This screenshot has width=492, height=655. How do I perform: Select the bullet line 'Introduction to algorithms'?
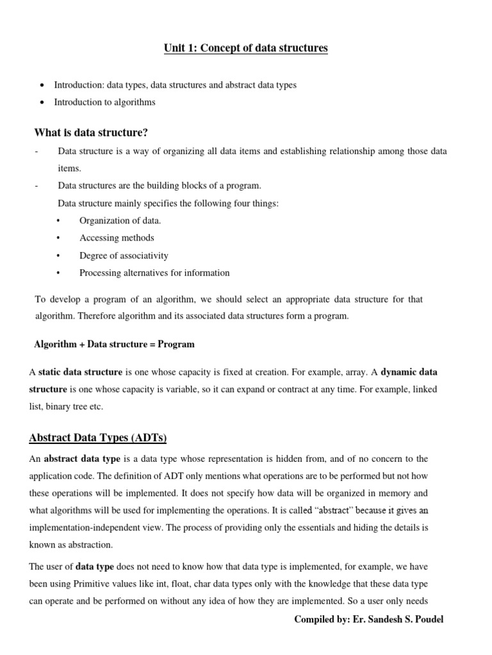[104, 102]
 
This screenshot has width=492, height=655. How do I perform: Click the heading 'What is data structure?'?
[91, 132]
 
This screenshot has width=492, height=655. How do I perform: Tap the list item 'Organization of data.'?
[120, 221]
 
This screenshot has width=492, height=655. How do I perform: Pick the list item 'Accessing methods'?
[117, 238]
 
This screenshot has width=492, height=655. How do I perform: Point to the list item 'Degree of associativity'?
[124, 255]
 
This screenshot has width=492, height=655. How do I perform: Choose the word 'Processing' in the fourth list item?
[100, 272]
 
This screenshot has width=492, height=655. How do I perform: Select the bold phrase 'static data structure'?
[80, 372]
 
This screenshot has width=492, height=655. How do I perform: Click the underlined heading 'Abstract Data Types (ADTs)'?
[98, 438]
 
